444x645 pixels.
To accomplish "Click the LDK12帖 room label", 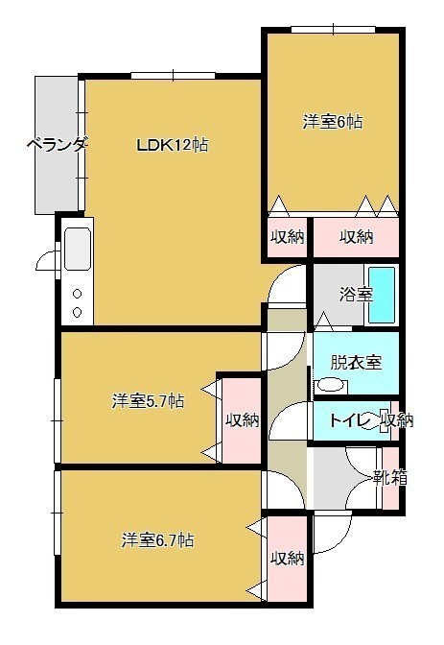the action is (x=173, y=145).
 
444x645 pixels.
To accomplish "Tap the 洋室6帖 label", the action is (x=333, y=122).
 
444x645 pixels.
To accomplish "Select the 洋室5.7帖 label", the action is (x=148, y=400).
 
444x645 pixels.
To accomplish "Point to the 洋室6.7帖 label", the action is (x=157, y=540).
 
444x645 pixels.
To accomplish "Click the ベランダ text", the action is (x=58, y=145).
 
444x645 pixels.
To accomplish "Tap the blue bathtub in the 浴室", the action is (x=382, y=295).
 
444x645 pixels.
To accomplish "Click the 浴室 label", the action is (x=356, y=295).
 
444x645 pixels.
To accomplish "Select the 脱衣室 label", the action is (x=357, y=362).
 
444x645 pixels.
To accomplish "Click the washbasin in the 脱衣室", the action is (x=331, y=385).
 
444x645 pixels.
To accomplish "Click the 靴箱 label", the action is (x=390, y=477).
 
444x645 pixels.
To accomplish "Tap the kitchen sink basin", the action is (x=78, y=249).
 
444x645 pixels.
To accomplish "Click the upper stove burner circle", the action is (x=77, y=294).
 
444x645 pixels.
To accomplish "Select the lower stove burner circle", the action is (x=77, y=312).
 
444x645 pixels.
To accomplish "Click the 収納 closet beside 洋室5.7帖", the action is (x=242, y=419).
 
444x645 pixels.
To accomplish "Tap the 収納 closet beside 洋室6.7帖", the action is (x=287, y=559).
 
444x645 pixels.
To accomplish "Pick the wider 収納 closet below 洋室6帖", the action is (x=356, y=237).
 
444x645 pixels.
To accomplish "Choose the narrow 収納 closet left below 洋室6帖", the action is (x=287, y=237).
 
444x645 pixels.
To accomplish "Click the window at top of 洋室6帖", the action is (x=334, y=30).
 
